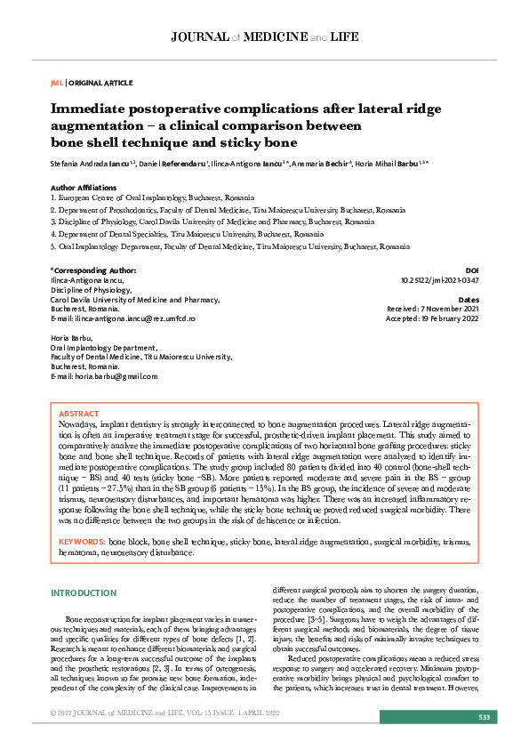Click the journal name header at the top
click(264, 38)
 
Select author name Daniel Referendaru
click(174, 165)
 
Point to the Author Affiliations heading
click(84, 188)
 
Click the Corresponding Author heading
click(93, 270)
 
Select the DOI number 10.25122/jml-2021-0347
click(439, 279)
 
